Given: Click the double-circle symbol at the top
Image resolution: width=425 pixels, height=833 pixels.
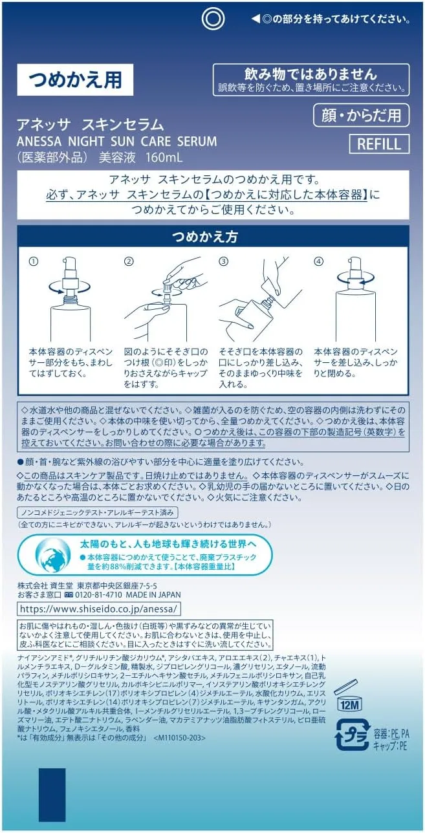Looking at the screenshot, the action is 213,19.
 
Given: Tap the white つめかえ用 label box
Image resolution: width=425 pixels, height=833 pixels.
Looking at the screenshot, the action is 75,80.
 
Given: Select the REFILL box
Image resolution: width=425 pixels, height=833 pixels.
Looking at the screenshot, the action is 379,144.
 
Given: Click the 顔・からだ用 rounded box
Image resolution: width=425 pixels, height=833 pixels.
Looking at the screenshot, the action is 362,115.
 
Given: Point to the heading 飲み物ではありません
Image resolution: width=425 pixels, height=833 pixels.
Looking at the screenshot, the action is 311,74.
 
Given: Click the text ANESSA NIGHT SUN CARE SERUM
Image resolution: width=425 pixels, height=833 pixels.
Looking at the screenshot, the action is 116,141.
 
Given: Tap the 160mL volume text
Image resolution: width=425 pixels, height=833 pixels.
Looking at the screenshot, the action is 164,157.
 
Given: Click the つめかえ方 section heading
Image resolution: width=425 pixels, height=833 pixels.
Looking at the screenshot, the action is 205,237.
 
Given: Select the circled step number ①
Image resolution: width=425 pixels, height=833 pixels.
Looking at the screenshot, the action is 34,261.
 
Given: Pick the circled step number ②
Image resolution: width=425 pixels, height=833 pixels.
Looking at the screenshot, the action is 129,261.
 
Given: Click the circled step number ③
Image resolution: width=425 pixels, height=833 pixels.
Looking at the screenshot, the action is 223,261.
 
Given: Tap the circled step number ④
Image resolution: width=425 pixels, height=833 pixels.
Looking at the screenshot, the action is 319,261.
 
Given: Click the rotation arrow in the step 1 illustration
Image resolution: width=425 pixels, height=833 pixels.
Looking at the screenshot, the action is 69,290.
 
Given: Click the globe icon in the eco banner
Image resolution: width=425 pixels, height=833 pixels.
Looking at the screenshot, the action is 52,555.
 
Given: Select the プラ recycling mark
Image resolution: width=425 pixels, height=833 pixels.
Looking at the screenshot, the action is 353,733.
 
